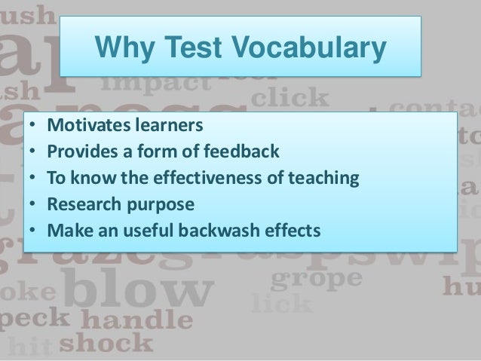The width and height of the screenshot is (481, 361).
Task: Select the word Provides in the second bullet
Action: coord(78,154)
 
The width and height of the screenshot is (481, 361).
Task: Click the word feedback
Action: coord(241,154)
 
